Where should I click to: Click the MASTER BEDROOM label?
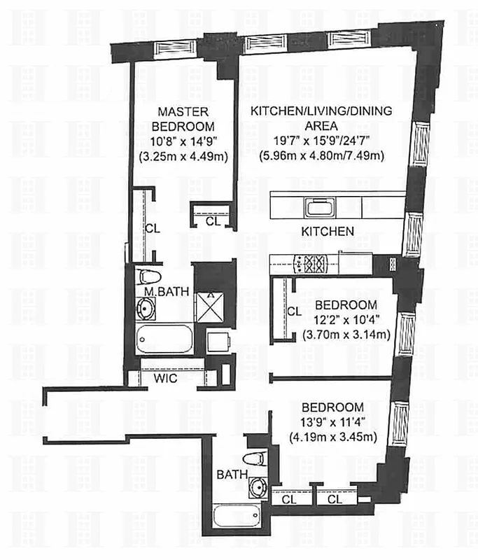pos(185,119)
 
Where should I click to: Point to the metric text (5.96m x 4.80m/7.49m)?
pos(321,156)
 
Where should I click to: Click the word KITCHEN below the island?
pos(327,231)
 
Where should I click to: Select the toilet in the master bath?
pos(148,277)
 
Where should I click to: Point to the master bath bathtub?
pos(164,339)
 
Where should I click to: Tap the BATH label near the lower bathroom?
pos(232,475)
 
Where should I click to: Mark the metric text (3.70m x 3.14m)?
pos(346,334)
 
